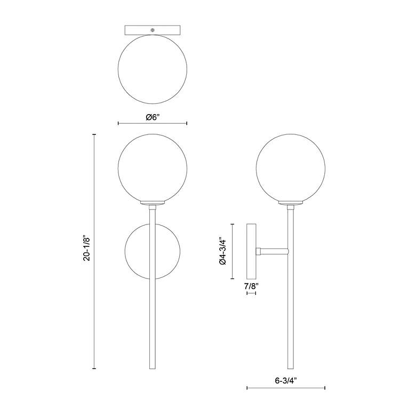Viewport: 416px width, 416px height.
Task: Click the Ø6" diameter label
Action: point(153,117)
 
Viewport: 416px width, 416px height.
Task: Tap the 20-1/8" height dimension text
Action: point(87,248)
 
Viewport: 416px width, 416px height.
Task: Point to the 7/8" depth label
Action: point(251,286)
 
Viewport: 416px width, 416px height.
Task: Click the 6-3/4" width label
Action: point(286,381)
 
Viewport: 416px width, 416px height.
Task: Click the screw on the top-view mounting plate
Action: point(153,30)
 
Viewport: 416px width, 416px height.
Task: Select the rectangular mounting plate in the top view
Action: point(153,30)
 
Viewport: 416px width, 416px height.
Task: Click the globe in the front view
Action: point(153,134)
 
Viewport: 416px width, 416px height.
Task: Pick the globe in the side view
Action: point(291,134)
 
